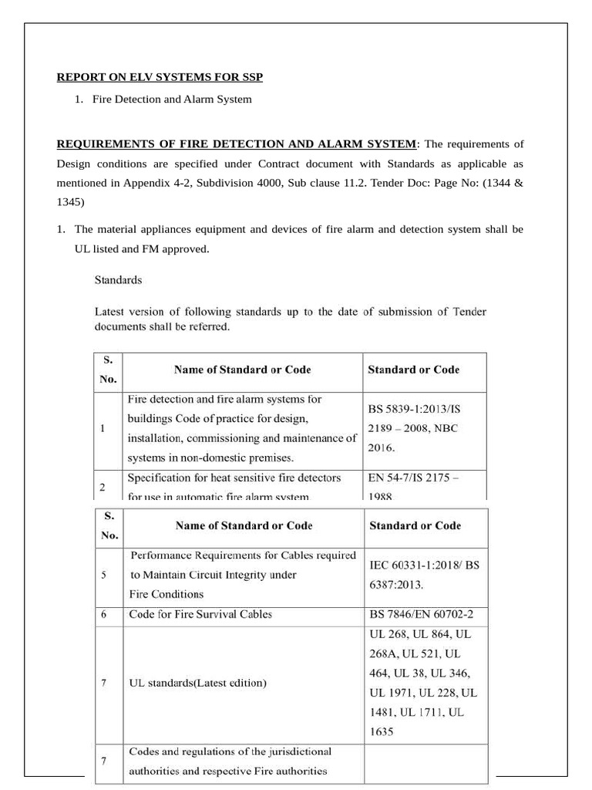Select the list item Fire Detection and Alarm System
click(x=171, y=100)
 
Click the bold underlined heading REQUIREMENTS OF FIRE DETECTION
click(x=236, y=144)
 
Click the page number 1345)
click(x=71, y=203)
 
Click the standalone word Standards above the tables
click(x=118, y=280)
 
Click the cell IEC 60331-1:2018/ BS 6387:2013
click(x=424, y=575)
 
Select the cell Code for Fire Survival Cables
click(x=200, y=615)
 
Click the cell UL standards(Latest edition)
click(x=198, y=684)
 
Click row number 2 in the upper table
click(x=103, y=487)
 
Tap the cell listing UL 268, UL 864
click(x=424, y=683)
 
